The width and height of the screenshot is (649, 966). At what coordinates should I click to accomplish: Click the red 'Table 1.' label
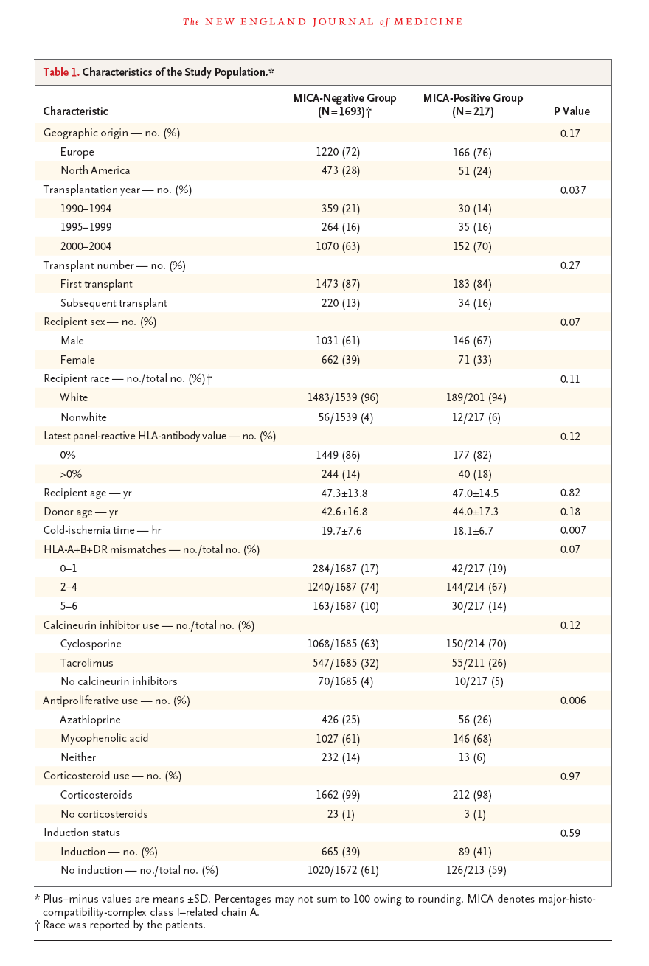click(x=61, y=72)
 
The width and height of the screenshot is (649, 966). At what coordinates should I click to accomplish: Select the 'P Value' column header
click(x=572, y=111)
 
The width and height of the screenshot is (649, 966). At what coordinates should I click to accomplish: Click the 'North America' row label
click(x=95, y=170)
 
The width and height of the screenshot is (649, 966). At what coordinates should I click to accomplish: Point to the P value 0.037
click(x=573, y=190)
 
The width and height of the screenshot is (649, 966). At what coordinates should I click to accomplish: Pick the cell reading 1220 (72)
click(x=338, y=152)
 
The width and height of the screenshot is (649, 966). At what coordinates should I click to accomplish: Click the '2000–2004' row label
click(x=86, y=246)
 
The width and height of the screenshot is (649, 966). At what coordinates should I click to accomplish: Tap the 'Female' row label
click(x=77, y=360)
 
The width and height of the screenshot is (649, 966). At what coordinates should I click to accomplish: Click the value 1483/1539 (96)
click(x=343, y=397)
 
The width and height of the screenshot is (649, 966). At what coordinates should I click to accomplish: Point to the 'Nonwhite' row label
click(x=83, y=417)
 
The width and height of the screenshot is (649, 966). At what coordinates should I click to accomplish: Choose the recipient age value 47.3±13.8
click(x=344, y=493)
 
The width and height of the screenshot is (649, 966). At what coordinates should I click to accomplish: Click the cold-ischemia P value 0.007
click(x=573, y=530)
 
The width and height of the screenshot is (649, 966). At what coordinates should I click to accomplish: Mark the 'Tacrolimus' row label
click(x=87, y=663)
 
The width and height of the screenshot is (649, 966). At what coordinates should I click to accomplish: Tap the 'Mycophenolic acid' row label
click(x=105, y=738)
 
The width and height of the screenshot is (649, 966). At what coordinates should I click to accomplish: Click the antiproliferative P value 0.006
click(x=573, y=701)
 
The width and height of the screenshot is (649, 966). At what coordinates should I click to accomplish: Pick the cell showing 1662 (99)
click(x=338, y=795)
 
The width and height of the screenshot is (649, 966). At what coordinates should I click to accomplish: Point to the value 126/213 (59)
click(x=476, y=870)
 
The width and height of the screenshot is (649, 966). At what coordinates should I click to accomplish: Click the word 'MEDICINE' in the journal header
click(x=428, y=21)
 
